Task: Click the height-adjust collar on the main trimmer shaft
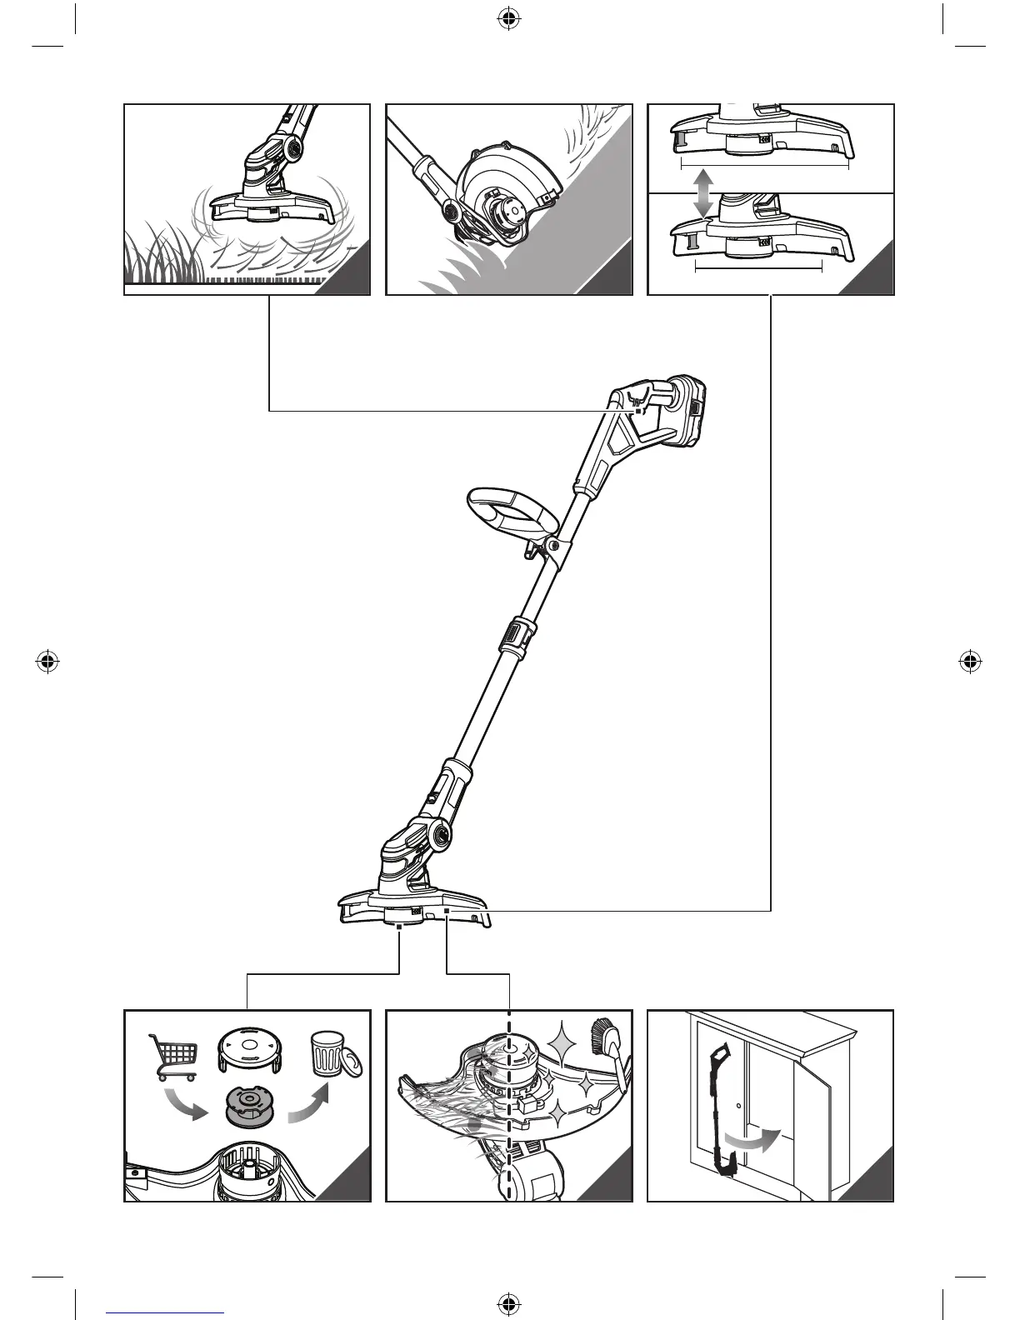coord(515,638)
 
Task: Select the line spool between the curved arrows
coord(251,1107)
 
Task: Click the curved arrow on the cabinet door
coord(750,1141)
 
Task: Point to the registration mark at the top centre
coord(507,19)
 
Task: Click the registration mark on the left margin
coord(48,662)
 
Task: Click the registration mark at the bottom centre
coord(507,1302)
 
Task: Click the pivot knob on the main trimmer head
coord(438,833)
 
